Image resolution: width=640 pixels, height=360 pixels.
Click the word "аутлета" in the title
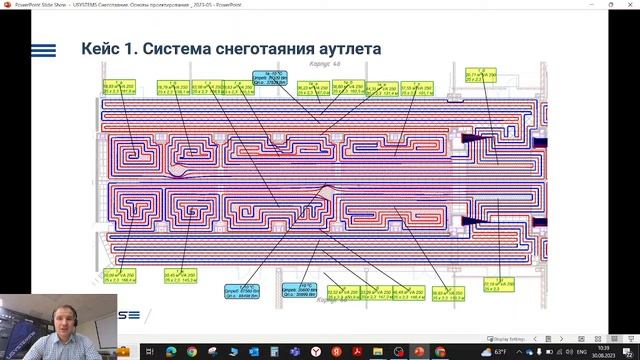coord(342,49)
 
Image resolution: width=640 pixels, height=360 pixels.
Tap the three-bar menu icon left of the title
coord(45,50)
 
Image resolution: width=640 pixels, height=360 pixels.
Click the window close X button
coord(630,5)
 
